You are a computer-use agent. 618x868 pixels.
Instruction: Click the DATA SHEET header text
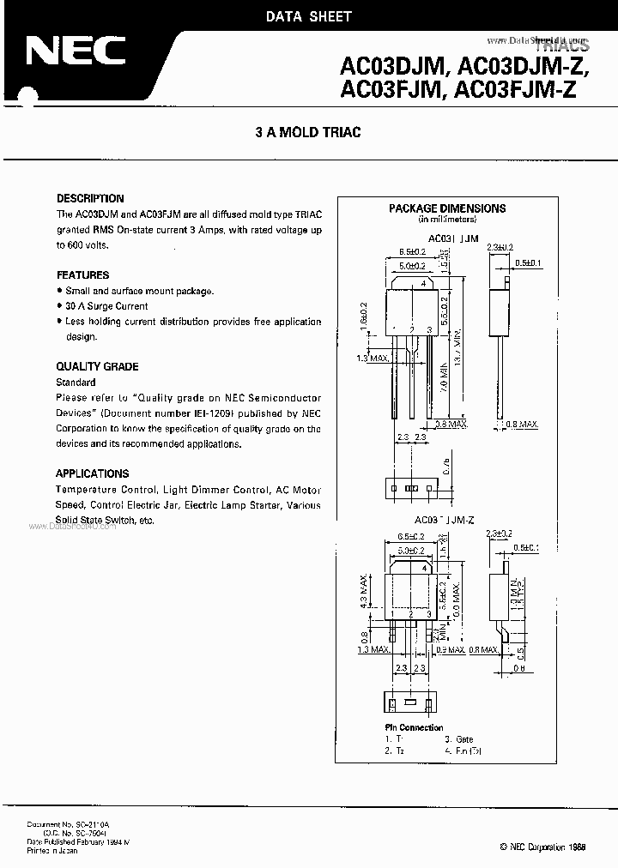[308, 17]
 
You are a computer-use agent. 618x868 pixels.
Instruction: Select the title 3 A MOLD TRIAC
[308, 132]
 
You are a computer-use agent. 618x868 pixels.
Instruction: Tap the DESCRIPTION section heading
[90, 198]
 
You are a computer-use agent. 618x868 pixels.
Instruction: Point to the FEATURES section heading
[82, 275]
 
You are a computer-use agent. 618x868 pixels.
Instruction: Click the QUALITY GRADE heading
[97, 366]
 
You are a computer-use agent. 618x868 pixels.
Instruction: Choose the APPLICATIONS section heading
[93, 473]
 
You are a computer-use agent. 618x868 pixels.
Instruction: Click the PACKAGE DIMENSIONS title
[447, 208]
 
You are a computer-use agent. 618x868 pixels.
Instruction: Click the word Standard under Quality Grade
[76, 382]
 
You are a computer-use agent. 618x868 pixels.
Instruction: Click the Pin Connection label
[415, 727]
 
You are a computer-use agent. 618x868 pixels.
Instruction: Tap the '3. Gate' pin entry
[459, 739]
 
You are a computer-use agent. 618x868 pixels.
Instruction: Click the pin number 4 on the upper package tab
[423, 285]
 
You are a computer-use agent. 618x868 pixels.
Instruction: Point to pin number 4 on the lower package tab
[425, 568]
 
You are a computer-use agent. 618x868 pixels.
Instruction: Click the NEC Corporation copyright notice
[543, 847]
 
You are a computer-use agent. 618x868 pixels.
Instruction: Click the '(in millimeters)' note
[446, 220]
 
